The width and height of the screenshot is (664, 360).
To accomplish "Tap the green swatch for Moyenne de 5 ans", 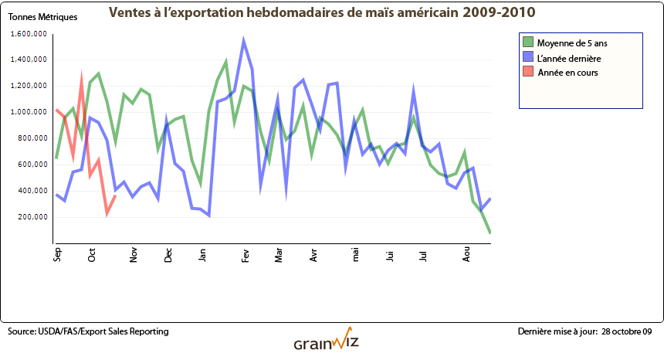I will point(528,42).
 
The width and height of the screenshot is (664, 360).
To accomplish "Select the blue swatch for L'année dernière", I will point(528,57).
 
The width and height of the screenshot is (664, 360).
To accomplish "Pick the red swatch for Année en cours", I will point(528,72).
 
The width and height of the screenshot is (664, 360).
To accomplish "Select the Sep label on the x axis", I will point(57,256).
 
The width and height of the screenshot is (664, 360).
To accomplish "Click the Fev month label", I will point(245,256).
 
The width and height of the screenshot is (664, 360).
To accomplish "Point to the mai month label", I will point(356,256).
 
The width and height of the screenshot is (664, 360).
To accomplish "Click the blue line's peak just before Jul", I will point(415,90).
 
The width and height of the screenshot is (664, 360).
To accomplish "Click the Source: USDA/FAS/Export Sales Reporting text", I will point(88,331).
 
